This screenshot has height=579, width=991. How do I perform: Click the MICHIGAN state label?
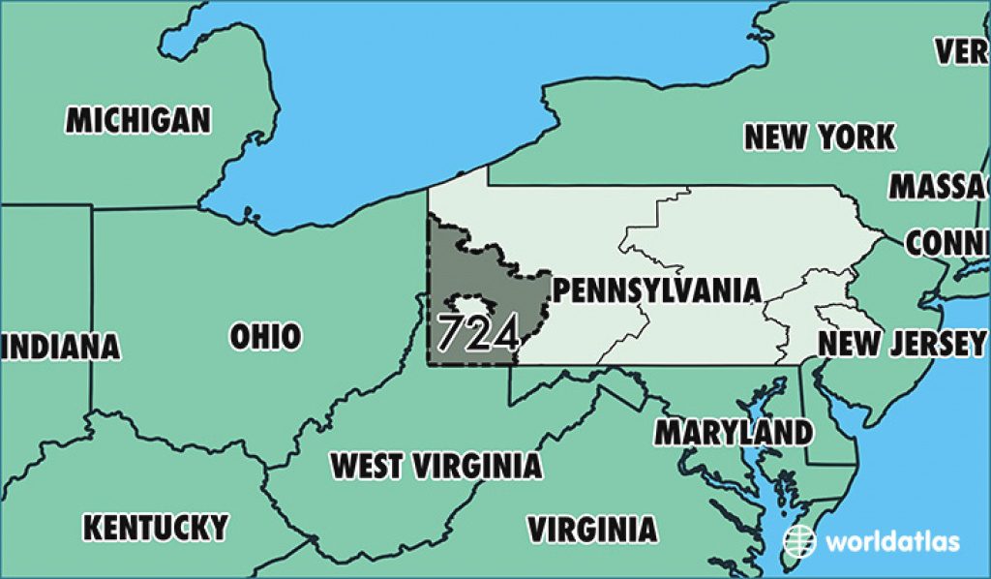coord(137,120)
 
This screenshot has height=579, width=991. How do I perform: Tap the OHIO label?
coord(264,336)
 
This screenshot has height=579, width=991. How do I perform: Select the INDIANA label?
coord(60,347)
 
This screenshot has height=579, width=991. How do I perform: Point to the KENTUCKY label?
coord(155,528)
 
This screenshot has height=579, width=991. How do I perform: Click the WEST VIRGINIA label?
coord(435,466)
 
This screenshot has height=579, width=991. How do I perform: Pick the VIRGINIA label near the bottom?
coord(590,529)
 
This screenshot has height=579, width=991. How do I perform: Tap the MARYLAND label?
coord(733,432)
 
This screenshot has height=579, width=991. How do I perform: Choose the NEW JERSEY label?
coord(901,343)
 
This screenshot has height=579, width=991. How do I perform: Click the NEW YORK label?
coord(819,137)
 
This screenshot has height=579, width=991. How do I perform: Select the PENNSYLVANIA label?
coord(654,290)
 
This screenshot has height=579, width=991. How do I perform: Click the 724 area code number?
coord(479,333)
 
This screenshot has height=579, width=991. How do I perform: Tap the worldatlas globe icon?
coord(800,540)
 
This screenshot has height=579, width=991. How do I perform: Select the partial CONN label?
coord(948,243)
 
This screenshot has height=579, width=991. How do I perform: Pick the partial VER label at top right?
coord(962,51)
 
